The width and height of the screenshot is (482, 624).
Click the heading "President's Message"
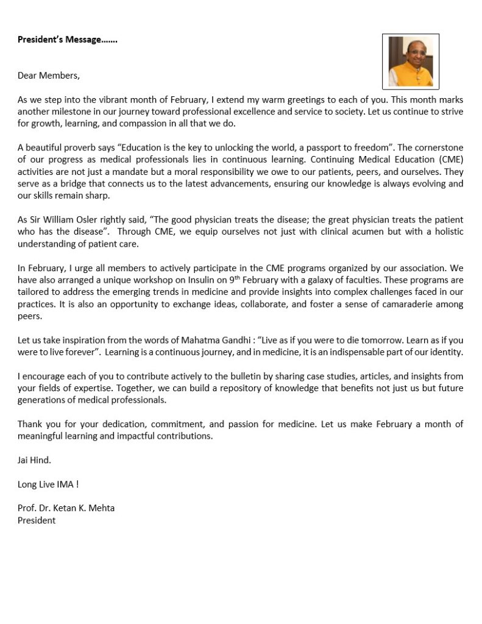point(67,40)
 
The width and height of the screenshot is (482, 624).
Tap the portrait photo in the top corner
point(410,61)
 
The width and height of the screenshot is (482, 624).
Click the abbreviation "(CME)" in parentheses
point(450,160)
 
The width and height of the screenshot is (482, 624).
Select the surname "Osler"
point(99,219)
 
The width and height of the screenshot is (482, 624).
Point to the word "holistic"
point(448,231)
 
